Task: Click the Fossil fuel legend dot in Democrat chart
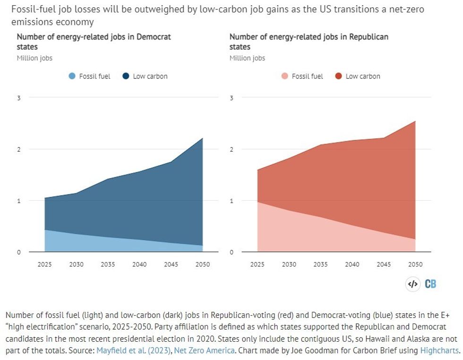(x=72, y=76)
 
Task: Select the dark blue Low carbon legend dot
(x=126, y=76)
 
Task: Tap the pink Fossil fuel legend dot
(x=285, y=76)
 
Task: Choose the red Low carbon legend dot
(x=339, y=76)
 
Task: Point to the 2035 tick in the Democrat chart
(x=108, y=265)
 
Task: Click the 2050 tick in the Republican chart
(x=415, y=265)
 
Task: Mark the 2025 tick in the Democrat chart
(x=44, y=265)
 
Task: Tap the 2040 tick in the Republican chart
(x=352, y=265)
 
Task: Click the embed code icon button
(x=412, y=284)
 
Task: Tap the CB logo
(x=430, y=284)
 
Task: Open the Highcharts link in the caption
(x=442, y=351)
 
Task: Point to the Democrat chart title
(x=94, y=42)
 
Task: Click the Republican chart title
(x=309, y=42)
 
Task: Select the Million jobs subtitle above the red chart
(x=247, y=58)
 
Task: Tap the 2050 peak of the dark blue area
(x=203, y=138)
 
